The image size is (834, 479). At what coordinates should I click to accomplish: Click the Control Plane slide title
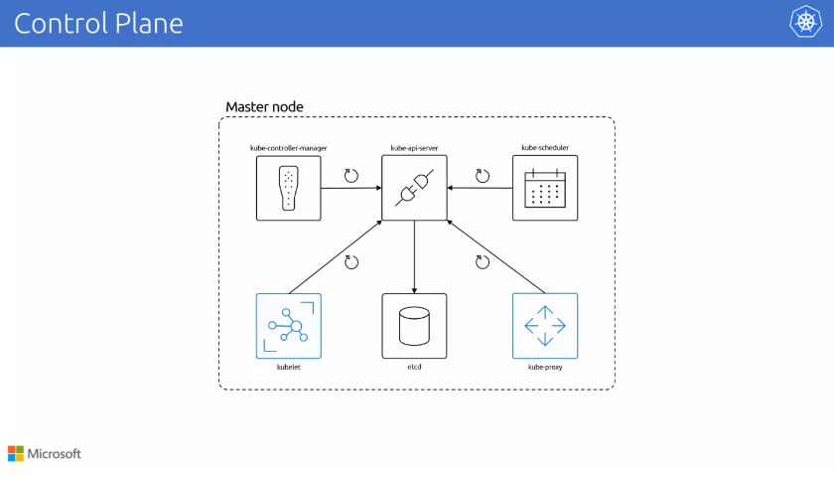[98, 23]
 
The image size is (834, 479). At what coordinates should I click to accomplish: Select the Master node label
[264, 106]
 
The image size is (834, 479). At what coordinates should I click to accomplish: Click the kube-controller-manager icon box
[289, 188]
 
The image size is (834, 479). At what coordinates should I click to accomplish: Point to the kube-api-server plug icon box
[414, 188]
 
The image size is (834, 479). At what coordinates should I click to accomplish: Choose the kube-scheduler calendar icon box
[544, 188]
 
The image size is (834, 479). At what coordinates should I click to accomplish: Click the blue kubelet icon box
[289, 326]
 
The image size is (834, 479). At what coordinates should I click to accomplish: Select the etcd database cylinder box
[414, 326]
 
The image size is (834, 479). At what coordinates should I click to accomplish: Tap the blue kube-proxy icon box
[544, 326]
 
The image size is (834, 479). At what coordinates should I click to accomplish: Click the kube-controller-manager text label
[288, 148]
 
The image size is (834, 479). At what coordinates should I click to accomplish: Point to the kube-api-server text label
[414, 148]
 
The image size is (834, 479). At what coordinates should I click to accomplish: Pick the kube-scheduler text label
[544, 148]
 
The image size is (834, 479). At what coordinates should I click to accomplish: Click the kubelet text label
[289, 367]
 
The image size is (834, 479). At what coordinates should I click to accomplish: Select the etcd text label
[414, 367]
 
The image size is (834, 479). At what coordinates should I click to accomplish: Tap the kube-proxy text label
[544, 367]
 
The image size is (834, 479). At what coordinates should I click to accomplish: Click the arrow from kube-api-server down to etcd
[414, 256]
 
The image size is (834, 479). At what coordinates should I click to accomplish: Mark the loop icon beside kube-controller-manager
[350, 176]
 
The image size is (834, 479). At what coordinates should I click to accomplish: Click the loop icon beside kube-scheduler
[483, 176]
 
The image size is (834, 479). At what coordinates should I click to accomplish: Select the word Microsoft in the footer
[54, 454]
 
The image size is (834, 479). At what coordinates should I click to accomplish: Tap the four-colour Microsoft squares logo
[15, 454]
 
